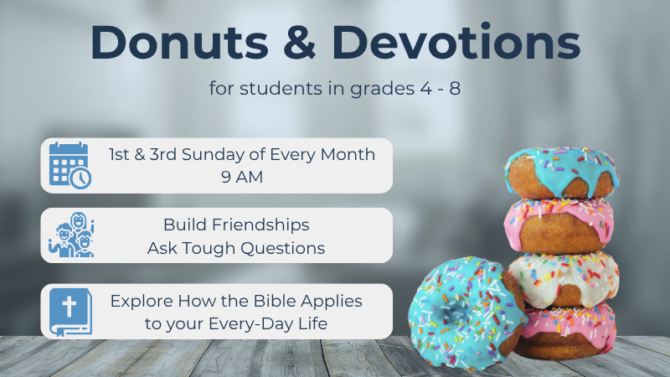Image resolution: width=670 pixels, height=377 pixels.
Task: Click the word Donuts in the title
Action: (x=179, y=42)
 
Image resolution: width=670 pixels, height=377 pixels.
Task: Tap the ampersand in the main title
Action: (x=300, y=42)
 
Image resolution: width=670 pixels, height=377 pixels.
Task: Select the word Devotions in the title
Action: (x=456, y=42)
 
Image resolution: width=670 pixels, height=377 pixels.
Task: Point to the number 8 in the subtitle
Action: (x=455, y=89)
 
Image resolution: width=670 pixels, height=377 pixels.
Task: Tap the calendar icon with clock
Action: (x=70, y=165)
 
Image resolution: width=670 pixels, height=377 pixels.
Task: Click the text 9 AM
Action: (x=242, y=177)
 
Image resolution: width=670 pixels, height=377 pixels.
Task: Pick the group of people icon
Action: (x=71, y=235)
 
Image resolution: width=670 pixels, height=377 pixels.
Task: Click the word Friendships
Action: (x=260, y=225)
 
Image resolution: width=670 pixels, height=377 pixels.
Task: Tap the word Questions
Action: (x=283, y=248)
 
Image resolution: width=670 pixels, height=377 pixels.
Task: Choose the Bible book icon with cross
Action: (x=70, y=312)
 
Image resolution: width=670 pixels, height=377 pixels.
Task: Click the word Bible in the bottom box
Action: (x=276, y=301)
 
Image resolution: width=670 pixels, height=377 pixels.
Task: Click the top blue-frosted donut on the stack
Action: (x=562, y=172)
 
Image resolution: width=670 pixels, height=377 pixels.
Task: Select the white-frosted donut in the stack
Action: (x=564, y=280)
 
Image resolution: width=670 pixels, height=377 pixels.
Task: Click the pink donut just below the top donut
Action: (x=559, y=226)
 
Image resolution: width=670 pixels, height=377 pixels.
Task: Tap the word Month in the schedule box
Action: (x=348, y=155)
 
